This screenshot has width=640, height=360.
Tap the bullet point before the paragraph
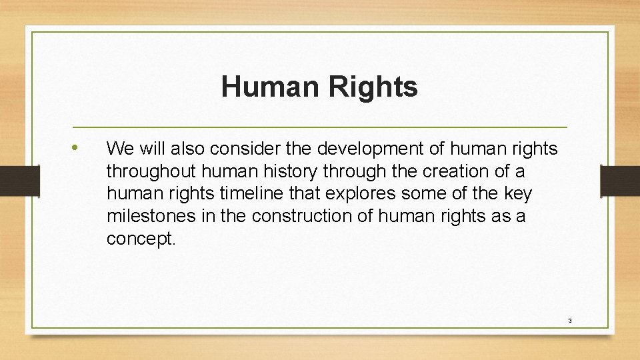pyautogui.click(x=78, y=147)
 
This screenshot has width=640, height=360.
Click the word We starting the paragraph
pyautogui.click(x=119, y=147)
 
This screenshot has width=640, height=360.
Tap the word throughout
pyautogui.click(x=143, y=171)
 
